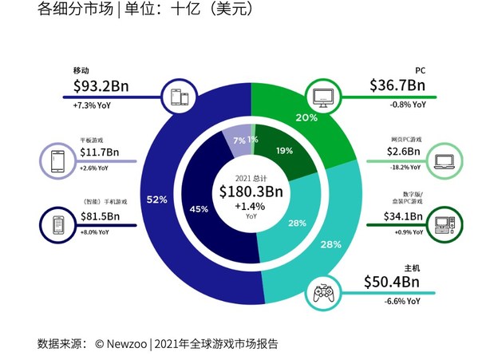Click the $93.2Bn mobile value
[x=106, y=85]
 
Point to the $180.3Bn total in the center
[x=251, y=192]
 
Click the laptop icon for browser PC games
[x=443, y=161]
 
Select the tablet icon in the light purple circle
[x=57, y=161]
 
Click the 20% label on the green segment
[x=306, y=117]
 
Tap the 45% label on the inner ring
[x=199, y=209]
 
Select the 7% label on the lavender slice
[x=239, y=140]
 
